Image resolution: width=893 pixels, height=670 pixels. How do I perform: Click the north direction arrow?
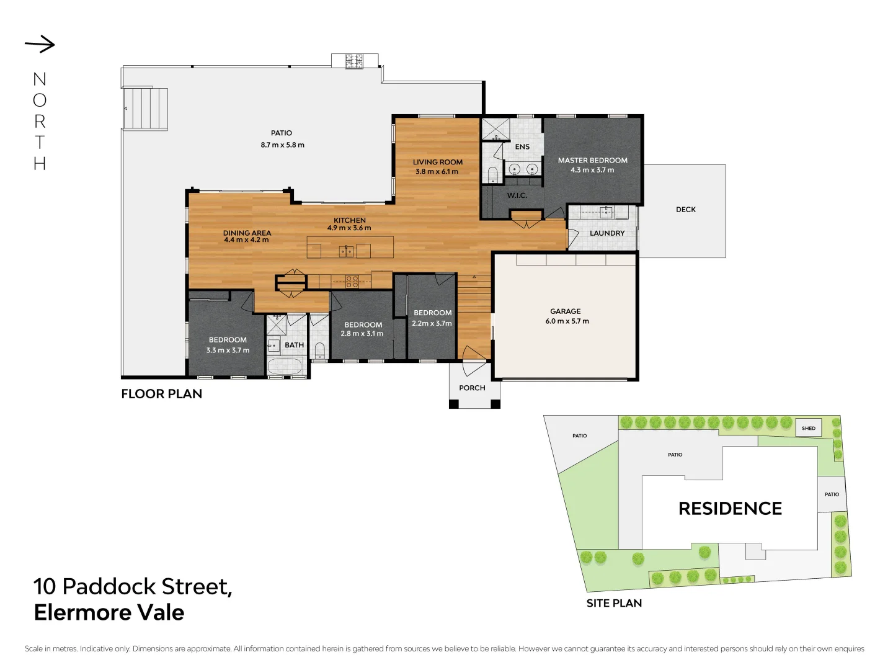[40, 44]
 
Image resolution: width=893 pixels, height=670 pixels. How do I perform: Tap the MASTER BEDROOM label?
[592, 160]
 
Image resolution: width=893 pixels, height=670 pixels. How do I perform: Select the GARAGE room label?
[565, 311]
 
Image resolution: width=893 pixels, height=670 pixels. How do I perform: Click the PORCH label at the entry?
[472, 388]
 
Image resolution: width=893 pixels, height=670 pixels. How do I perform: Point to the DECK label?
[685, 210]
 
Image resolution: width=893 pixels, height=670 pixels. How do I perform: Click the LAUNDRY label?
[606, 233]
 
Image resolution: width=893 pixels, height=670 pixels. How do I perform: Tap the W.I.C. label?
[517, 195]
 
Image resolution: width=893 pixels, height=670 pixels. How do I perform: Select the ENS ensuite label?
[522, 147]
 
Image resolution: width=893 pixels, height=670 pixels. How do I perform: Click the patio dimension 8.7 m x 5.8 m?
[282, 145]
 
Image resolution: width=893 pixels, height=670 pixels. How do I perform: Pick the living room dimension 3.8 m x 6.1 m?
[437, 172]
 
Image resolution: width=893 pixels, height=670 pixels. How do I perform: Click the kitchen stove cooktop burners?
[352, 281]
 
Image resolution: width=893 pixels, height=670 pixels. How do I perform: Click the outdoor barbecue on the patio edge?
[354, 61]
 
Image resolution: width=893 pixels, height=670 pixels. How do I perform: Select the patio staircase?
[146, 109]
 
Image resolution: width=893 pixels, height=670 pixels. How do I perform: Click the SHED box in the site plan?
[808, 428]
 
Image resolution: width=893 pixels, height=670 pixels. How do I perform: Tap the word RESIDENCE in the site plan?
[730, 509]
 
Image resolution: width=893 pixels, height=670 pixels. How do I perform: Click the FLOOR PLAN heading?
[161, 394]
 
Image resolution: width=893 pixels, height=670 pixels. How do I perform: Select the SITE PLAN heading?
[614, 603]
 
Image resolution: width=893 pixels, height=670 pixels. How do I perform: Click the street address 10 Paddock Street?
[133, 586]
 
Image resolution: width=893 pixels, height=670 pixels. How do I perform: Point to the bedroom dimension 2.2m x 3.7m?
[432, 323]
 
